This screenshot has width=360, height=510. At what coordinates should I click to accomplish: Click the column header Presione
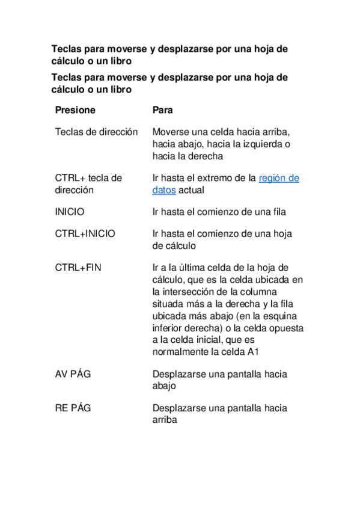tap(75, 111)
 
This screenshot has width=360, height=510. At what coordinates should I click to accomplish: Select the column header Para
tap(163, 111)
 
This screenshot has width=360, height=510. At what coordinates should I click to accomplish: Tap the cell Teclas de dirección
tap(96, 132)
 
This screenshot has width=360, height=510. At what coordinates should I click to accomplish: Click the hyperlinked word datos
tap(164, 190)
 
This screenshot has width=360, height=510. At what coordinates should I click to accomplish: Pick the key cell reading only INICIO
tap(70, 212)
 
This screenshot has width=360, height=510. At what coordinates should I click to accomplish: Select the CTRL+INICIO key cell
tap(85, 233)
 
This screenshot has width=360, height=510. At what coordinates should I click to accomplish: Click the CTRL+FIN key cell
tap(78, 267)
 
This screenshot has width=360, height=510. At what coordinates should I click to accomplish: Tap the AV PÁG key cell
tap(73, 374)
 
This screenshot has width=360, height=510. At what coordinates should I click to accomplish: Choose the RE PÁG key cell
tap(73, 408)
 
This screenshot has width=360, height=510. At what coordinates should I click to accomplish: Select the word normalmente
tap(181, 352)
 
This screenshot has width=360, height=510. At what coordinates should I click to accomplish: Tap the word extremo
tap(210, 178)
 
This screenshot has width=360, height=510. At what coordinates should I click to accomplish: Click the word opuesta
tap(285, 328)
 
